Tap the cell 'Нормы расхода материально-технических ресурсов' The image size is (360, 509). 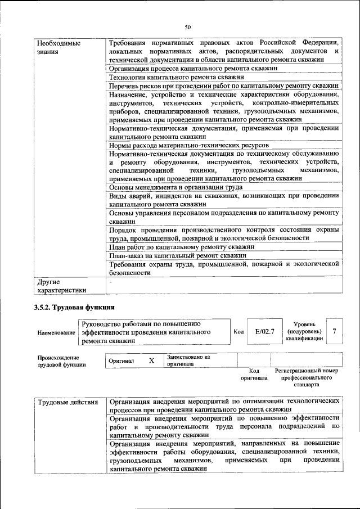(x=184, y=145)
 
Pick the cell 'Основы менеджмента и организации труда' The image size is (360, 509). (x=175, y=187)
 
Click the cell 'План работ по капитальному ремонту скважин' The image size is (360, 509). (x=182, y=246)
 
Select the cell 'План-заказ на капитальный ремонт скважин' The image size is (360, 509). (x=178, y=255)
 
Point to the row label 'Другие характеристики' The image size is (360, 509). (x=61, y=286)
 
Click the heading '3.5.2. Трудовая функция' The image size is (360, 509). (x=74, y=308)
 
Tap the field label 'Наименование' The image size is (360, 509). (x=56, y=332)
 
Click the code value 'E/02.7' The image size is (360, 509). (x=264, y=332)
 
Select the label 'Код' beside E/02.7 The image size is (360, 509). (x=238, y=332)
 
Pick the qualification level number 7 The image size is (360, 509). (x=334, y=331)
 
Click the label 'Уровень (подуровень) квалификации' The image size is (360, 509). (x=304, y=331)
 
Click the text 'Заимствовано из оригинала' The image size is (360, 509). (x=188, y=361)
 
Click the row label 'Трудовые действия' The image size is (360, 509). (x=68, y=402)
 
